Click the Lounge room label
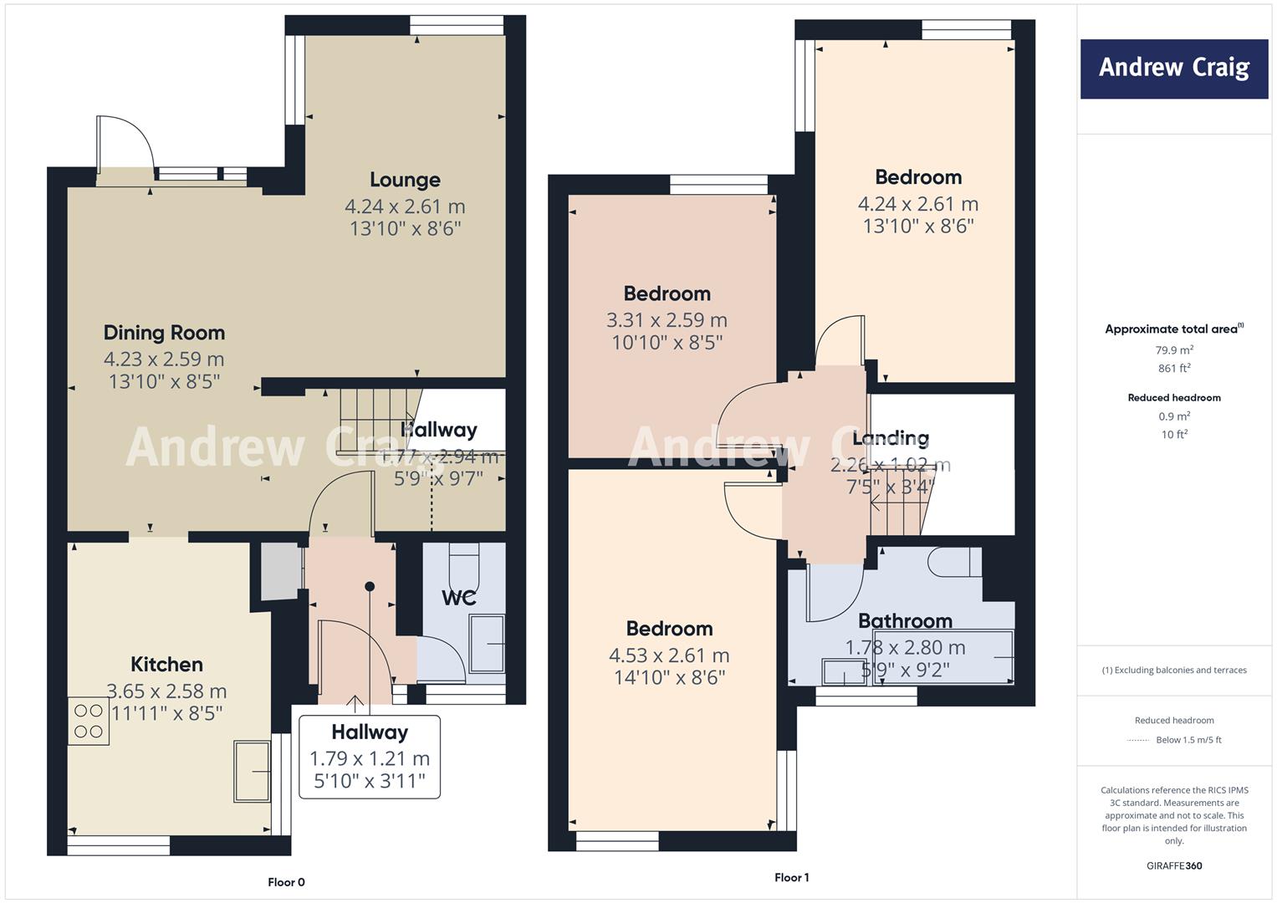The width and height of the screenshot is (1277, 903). [x=405, y=180]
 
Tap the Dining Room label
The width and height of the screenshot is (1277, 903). [x=164, y=333]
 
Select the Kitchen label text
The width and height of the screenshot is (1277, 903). [x=166, y=665]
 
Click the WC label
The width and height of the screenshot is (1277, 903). [x=458, y=598]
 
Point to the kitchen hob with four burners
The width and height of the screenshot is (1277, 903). [x=89, y=722]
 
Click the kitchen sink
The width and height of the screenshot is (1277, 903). [x=253, y=770]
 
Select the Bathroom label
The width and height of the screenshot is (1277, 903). [x=905, y=621]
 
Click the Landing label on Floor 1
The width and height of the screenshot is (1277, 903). [x=890, y=438]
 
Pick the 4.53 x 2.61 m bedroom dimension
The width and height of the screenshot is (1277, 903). [x=669, y=656]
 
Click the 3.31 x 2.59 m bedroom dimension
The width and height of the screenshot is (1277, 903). [x=667, y=320]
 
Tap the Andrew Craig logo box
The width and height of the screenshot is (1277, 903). [x=1173, y=69]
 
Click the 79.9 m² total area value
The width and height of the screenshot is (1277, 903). [x=1174, y=350]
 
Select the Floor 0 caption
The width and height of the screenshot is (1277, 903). [x=286, y=882]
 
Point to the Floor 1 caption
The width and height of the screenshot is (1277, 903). [x=791, y=878]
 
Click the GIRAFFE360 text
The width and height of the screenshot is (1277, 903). [x=1174, y=866]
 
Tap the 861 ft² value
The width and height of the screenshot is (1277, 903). [x=1174, y=368]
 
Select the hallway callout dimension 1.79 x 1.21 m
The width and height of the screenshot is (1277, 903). [x=370, y=759]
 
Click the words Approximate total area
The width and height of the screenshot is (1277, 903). [x=1171, y=329]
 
